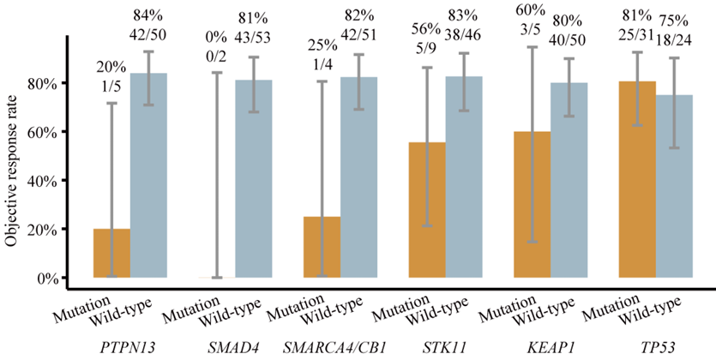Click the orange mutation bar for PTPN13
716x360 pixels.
click(x=111, y=253)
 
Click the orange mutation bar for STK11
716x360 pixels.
click(x=426, y=210)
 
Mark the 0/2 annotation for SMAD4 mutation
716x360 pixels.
click(x=218, y=55)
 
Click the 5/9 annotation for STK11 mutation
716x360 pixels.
click(x=427, y=55)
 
